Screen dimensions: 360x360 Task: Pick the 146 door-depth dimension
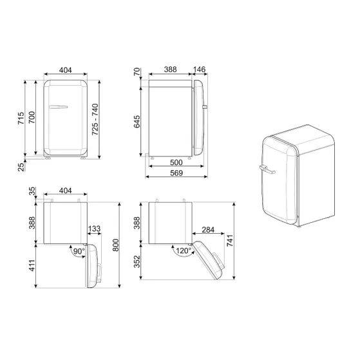coord(200,68)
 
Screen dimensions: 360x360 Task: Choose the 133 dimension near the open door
coord(94,229)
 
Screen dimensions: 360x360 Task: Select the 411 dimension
coord(30,265)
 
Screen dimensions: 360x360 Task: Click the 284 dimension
coord(207,229)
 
